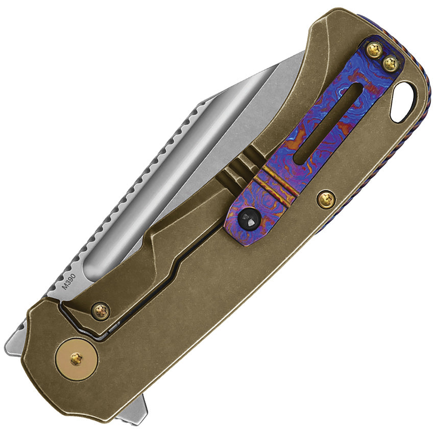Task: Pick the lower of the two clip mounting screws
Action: (x=391, y=63)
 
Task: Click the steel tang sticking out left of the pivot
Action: (x=15, y=340)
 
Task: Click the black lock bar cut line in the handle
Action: (x=168, y=286)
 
